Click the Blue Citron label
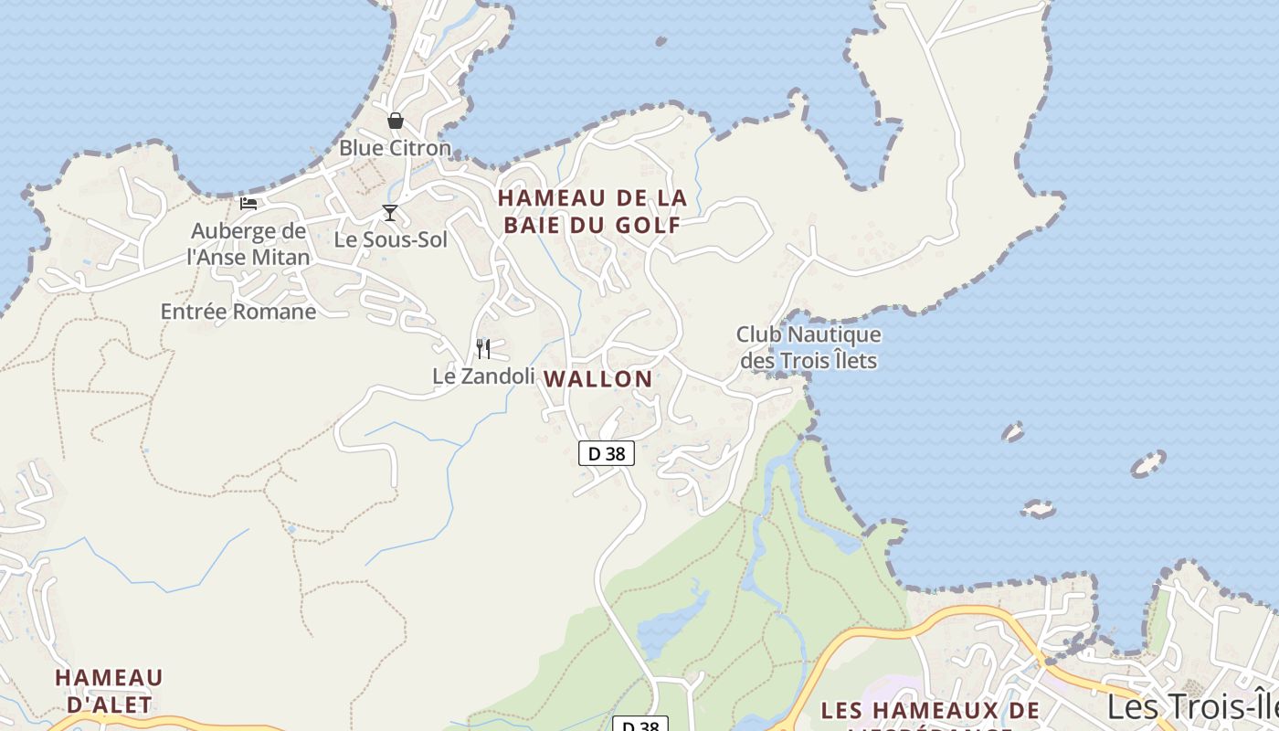pyautogui.click(x=395, y=148)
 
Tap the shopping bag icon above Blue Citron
pyautogui.click(x=396, y=121)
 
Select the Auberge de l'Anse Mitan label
pyautogui.click(x=248, y=244)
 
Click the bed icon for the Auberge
pyautogui.click(x=248, y=203)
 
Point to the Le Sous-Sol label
pyautogui.click(x=391, y=240)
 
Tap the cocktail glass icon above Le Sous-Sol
pyautogui.click(x=390, y=213)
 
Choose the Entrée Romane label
pyautogui.click(x=238, y=312)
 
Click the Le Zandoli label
pyautogui.click(x=483, y=376)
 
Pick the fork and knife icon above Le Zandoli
pyautogui.click(x=483, y=348)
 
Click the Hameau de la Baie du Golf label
pyautogui.click(x=591, y=211)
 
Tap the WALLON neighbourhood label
pyautogui.click(x=598, y=379)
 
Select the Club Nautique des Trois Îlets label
pyautogui.click(x=809, y=348)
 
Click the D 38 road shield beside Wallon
pyautogui.click(x=607, y=452)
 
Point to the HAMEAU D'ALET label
pyautogui.click(x=109, y=691)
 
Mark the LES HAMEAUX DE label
pyautogui.click(x=930, y=711)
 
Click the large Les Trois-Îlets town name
pyautogui.click(x=1192, y=706)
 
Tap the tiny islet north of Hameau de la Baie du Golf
pyautogui.click(x=661, y=41)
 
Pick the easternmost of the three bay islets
pyautogui.click(x=1148, y=464)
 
